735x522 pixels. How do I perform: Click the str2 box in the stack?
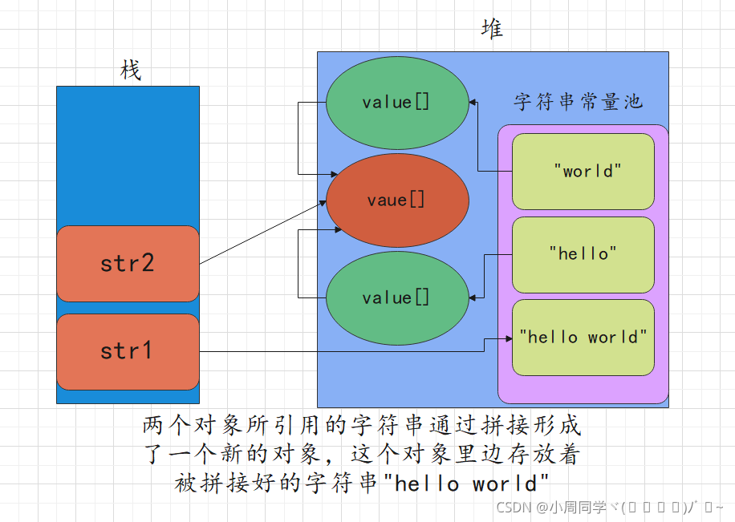tap(128, 264)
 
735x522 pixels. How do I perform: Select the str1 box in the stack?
tap(128, 351)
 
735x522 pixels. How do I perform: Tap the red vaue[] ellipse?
tap(396, 200)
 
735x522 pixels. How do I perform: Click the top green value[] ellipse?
tap(396, 103)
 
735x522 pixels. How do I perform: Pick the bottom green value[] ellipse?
tap(396, 297)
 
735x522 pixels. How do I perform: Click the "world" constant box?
tap(583, 171)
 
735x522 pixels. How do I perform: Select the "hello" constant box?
tap(583, 253)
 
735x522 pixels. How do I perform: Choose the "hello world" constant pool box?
tap(583, 337)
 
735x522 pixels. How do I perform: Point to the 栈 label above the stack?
tap(130, 71)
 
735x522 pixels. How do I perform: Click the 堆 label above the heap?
tap(492, 30)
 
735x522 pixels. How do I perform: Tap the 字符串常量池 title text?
tap(578, 102)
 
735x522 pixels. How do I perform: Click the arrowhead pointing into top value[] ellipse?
tap(473, 103)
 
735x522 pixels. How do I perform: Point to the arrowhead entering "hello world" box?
tap(508, 338)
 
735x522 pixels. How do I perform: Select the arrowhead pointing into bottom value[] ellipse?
tap(473, 297)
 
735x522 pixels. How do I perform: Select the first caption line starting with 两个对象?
tap(361, 425)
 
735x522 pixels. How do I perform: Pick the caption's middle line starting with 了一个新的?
tap(361, 455)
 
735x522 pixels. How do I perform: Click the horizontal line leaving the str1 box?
tap(337, 351)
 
